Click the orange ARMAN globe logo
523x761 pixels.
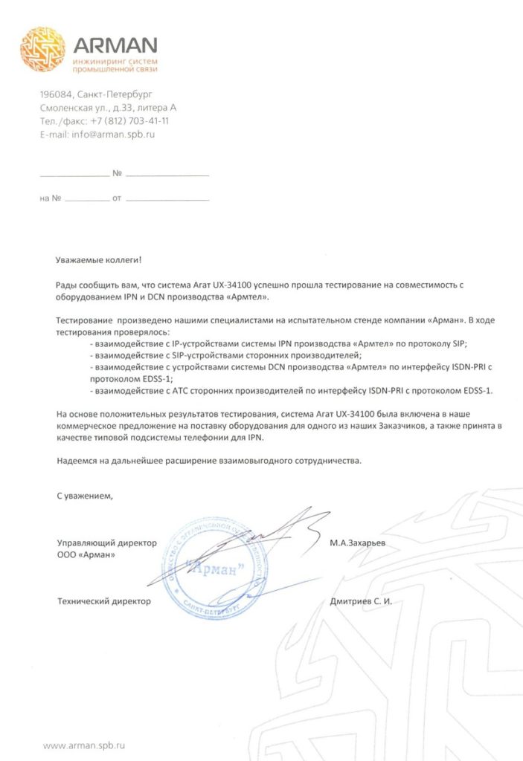[42, 49]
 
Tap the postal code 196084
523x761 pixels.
[57, 94]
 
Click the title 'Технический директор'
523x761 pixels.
[103, 601]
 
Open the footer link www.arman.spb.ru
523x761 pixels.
[83, 744]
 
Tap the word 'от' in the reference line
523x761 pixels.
[116, 199]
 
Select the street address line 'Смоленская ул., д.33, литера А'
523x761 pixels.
[108, 108]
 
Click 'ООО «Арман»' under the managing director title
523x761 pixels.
[86, 555]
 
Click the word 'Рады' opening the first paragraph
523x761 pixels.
[65, 285]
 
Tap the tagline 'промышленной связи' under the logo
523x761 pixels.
[114, 68]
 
